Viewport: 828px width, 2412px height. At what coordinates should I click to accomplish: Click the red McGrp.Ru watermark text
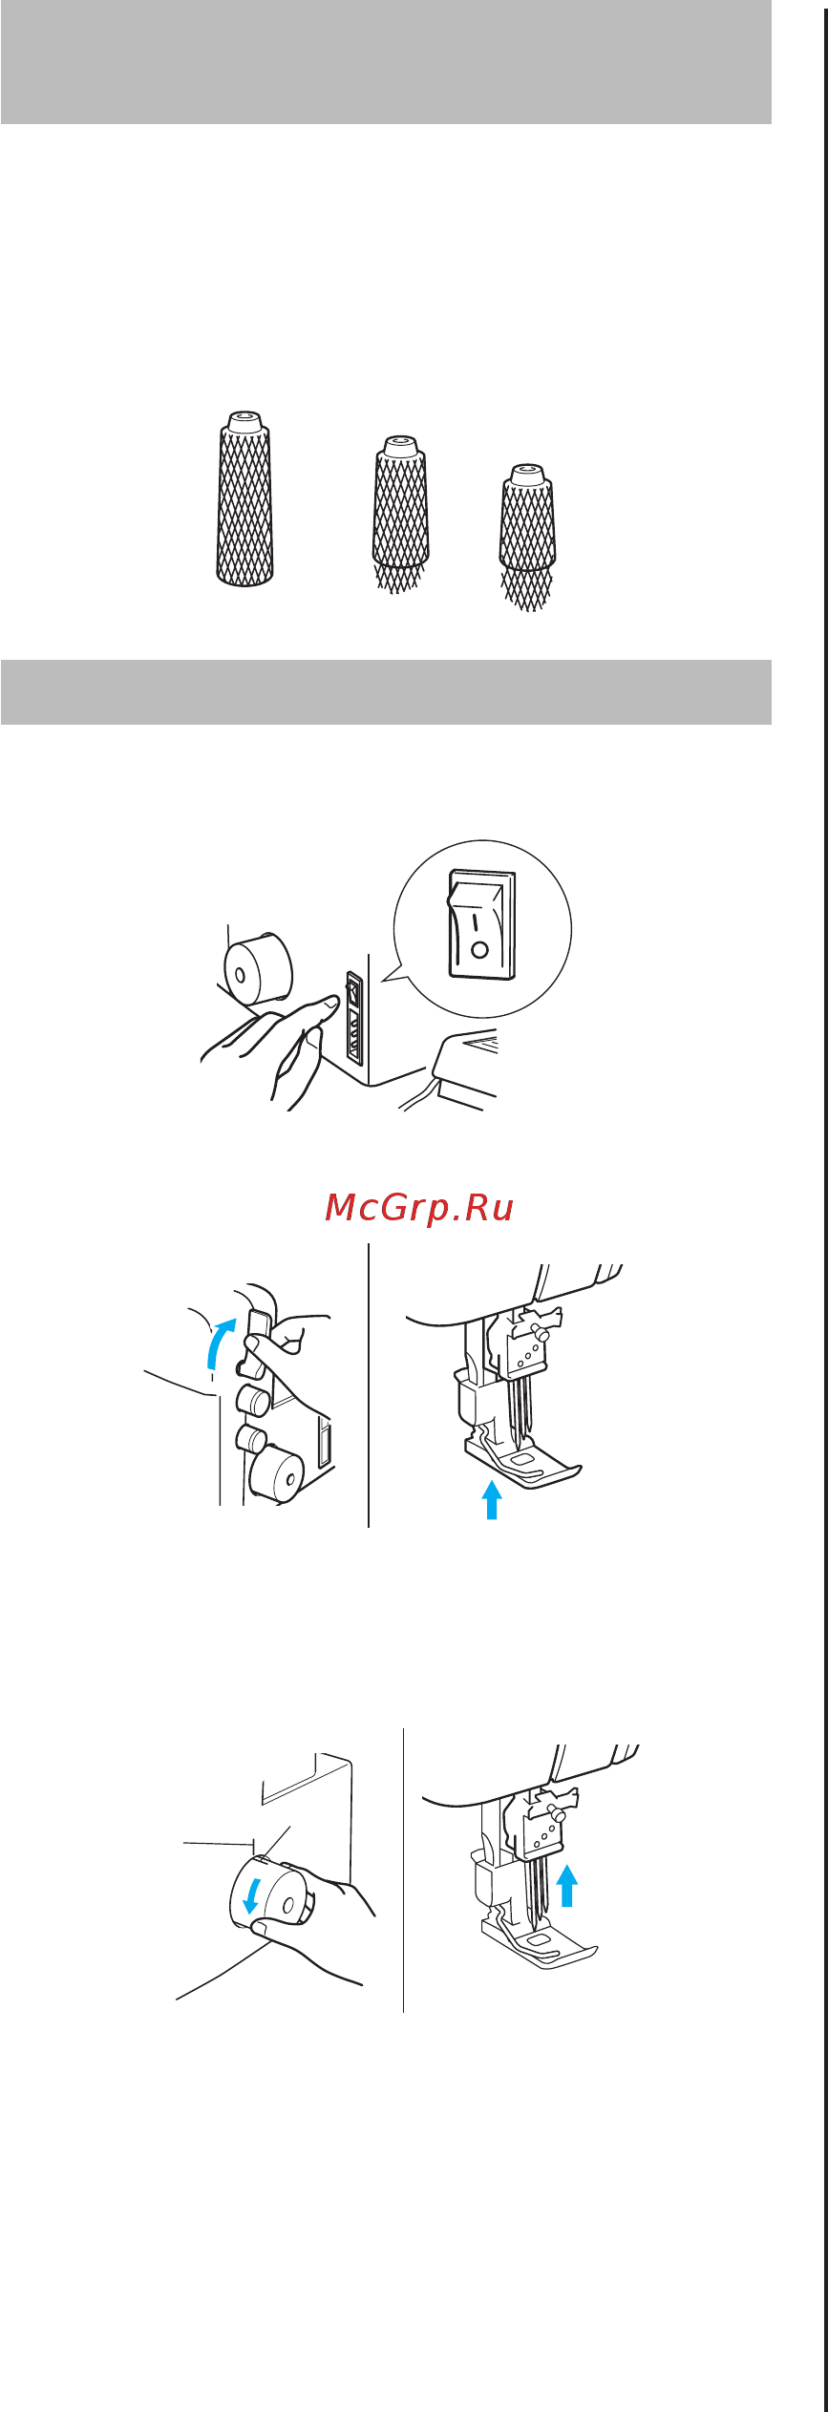(x=419, y=1208)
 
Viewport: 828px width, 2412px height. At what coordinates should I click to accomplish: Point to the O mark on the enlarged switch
(x=480, y=950)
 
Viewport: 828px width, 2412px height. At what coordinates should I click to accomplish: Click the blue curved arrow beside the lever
(x=219, y=1344)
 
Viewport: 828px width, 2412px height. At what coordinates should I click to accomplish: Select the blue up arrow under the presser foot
(x=492, y=1499)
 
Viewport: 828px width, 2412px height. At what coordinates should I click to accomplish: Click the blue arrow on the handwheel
(x=251, y=1894)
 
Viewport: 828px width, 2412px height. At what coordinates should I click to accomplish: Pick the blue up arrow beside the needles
(x=567, y=1885)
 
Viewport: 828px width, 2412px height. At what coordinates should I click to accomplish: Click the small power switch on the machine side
(x=353, y=993)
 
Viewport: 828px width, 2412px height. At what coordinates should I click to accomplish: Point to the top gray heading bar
(x=386, y=62)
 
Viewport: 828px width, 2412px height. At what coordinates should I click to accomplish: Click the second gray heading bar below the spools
(x=386, y=692)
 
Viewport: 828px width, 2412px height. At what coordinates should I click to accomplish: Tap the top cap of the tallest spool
(x=245, y=420)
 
